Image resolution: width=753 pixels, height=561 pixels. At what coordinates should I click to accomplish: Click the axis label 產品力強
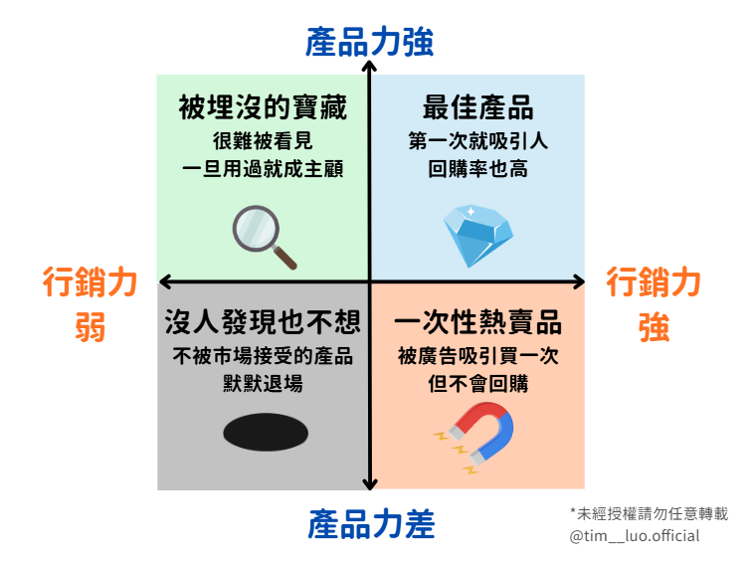coord(369,42)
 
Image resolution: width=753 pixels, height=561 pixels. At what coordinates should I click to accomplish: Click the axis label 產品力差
coord(369,523)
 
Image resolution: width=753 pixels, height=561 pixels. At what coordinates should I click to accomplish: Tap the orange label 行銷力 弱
coord(91,304)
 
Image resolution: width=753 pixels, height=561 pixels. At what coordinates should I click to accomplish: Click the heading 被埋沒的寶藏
coord(263,107)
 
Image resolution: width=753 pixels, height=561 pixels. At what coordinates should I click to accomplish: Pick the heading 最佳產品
coord(477,107)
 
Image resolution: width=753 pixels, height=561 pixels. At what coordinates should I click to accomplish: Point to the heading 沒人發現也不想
coord(263,323)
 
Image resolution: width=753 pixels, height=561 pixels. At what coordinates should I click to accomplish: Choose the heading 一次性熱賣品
coord(477,323)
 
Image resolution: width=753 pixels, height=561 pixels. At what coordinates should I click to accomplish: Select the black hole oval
coord(264,433)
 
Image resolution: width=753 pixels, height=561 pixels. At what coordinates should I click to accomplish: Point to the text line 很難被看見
coord(263,141)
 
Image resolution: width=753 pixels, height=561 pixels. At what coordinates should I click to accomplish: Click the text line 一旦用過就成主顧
coord(263,168)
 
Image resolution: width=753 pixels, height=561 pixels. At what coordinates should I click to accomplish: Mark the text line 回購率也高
coord(477,168)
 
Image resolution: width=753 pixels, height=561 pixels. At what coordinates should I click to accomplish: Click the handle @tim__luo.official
coord(635,536)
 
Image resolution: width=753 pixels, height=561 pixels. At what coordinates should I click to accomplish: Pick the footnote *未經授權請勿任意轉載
coord(649,513)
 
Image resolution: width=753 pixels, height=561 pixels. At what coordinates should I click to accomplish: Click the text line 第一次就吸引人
coord(477,141)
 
